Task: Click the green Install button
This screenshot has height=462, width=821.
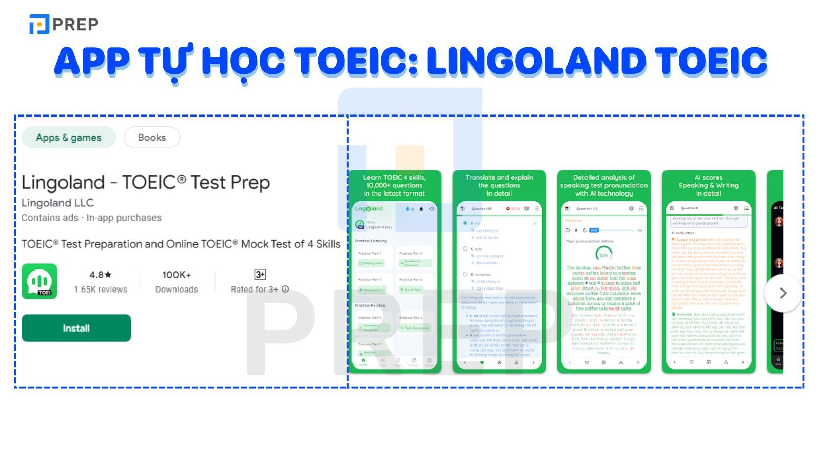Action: tap(76, 328)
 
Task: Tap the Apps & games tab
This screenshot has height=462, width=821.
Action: tap(69, 138)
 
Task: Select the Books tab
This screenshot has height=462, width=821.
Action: tap(152, 138)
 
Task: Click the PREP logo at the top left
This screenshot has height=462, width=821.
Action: tap(64, 24)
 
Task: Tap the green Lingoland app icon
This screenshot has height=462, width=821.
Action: tap(40, 281)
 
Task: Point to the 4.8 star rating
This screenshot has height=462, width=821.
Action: tap(100, 275)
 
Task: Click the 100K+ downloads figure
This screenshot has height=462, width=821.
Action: tap(177, 275)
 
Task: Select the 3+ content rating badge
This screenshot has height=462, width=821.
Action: tap(260, 275)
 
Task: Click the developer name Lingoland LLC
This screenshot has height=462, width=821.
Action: tap(57, 203)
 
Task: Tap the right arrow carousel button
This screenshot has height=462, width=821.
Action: tap(782, 293)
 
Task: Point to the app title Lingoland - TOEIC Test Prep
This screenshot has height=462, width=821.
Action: tap(146, 183)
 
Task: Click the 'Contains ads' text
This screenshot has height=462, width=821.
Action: tap(50, 218)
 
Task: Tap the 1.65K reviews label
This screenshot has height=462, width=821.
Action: tap(100, 290)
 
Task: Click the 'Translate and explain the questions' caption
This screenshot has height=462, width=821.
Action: tap(499, 185)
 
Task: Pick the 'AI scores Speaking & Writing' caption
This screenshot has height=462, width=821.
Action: tap(708, 185)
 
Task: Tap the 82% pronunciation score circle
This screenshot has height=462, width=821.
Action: tap(603, 254)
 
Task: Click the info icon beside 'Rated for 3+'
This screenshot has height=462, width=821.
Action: tap(285, 289)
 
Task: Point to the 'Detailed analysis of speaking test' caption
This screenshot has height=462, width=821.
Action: tap(603, 185)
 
